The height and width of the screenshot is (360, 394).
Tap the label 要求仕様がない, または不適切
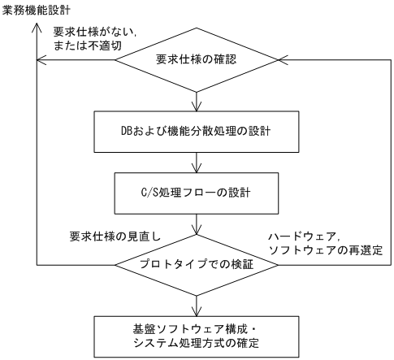point(86,38)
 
